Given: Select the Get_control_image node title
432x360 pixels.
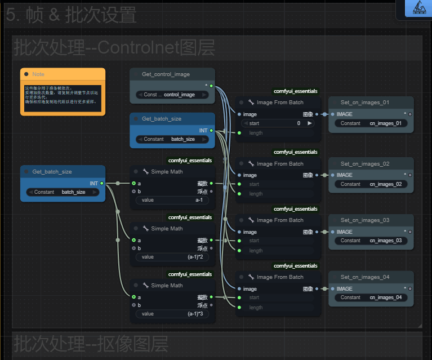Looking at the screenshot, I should [166, 74].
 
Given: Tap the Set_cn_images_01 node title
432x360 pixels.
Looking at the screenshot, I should [364, 103].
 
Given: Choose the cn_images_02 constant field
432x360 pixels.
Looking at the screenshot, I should [371, 184].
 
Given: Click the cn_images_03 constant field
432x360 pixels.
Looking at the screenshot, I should [371, 241].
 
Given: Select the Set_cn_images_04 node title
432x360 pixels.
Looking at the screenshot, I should [364, 277].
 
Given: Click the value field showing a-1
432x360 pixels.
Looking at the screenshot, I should [172, 200].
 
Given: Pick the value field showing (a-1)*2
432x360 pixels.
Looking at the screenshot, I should [172, 257].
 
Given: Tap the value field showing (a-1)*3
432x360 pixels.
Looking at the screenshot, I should [172, 314].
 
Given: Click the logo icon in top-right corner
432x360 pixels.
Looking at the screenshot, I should [418, 7].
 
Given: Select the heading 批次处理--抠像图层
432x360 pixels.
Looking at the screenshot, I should [91, 343].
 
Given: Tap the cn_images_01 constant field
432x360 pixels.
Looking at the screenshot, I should [371, 123].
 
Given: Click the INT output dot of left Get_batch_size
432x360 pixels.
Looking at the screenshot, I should [101, 183].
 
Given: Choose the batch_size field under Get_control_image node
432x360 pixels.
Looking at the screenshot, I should [172, 139].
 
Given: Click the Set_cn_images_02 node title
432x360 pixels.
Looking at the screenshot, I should [364, 164].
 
